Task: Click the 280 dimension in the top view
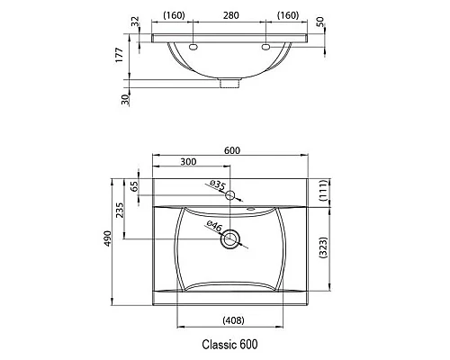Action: pyautogui.click(x=231, y=15)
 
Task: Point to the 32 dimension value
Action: pyautogui.click(x=136, y=21)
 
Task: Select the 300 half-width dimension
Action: pyautogui.click(x=189, y=163)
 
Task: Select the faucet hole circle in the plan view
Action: pyautogui.click(x=231, y=195)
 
